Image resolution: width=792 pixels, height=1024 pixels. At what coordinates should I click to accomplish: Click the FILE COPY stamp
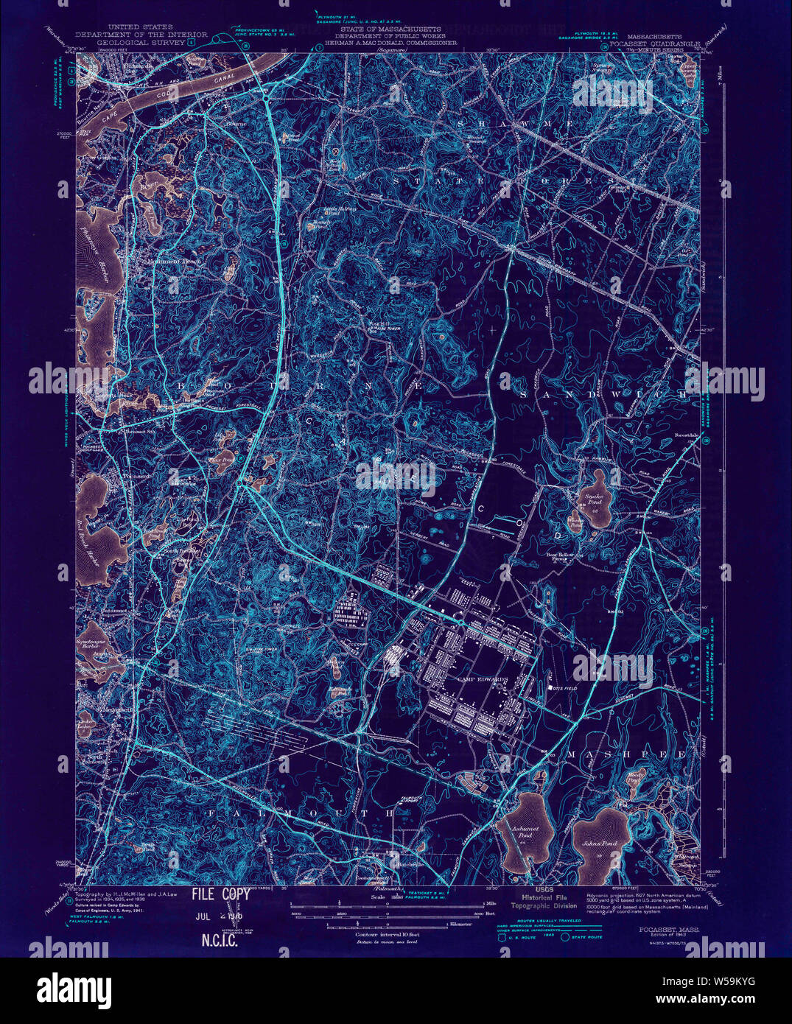click(x=220, y=894)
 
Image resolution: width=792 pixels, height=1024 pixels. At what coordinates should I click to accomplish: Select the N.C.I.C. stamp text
click(x=219, y=940)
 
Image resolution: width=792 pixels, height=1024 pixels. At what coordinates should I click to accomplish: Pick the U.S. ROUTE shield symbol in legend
click(x=504, y=937)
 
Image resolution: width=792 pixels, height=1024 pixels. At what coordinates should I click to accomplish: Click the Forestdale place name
click(x=686, y=435)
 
